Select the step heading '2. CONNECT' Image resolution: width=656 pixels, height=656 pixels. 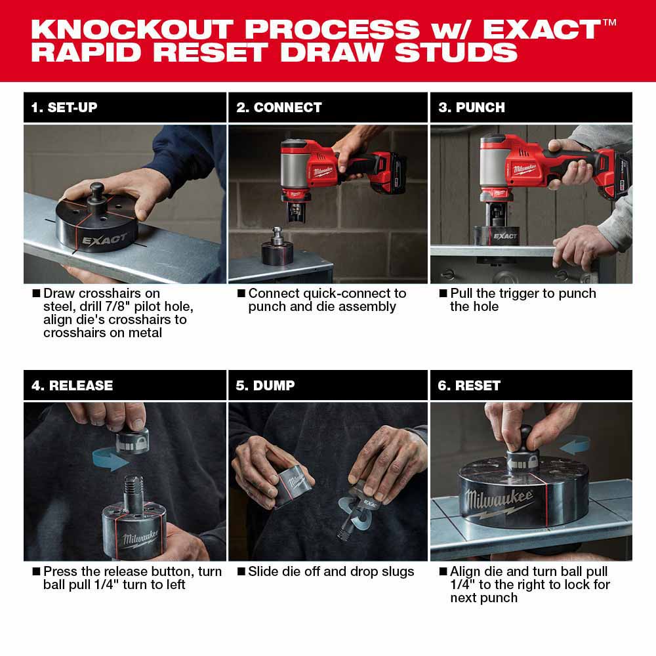pos(279,108)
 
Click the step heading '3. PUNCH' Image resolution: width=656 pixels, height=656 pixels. pos(472,108)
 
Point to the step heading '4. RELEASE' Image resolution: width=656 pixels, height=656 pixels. pos(72,386)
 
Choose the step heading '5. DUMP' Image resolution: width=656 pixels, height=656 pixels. pos(265,386)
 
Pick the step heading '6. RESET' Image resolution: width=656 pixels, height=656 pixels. pos(469,386)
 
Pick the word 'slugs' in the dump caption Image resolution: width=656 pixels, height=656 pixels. pos(395,571)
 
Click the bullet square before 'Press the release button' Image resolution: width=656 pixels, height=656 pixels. pos(36,572)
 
